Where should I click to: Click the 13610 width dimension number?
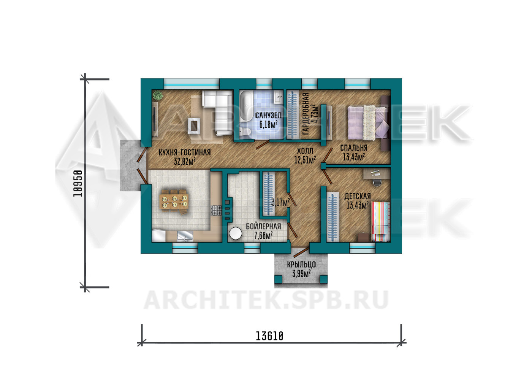pyautogui.click(x=269, y=336)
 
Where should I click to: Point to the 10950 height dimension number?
pyautogui.click(x=78, y=183)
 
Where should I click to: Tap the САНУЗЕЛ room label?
pyautogui.click(x=268, y=116)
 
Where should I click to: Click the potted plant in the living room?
pyautogui.click(x=157, y=95)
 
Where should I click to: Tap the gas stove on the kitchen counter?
pyautogui.click(x=217, y=210)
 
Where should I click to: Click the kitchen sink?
pyautogui.click(x=185, y=236)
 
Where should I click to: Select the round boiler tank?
pyautogui.click(x=235, y=233)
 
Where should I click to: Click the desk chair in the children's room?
pyautogui.click(x=377, y=182)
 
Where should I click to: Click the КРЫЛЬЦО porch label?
pyautogui.click(x=301, y=265)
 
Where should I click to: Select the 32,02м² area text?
pyautogui.click(x=185, y=162)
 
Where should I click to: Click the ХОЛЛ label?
pyautogui.click(x=305, y=151)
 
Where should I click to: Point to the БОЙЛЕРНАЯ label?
pyautogui.click(x=263, y=227)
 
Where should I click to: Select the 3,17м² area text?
pyautogui.click(x=280, y=202)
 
